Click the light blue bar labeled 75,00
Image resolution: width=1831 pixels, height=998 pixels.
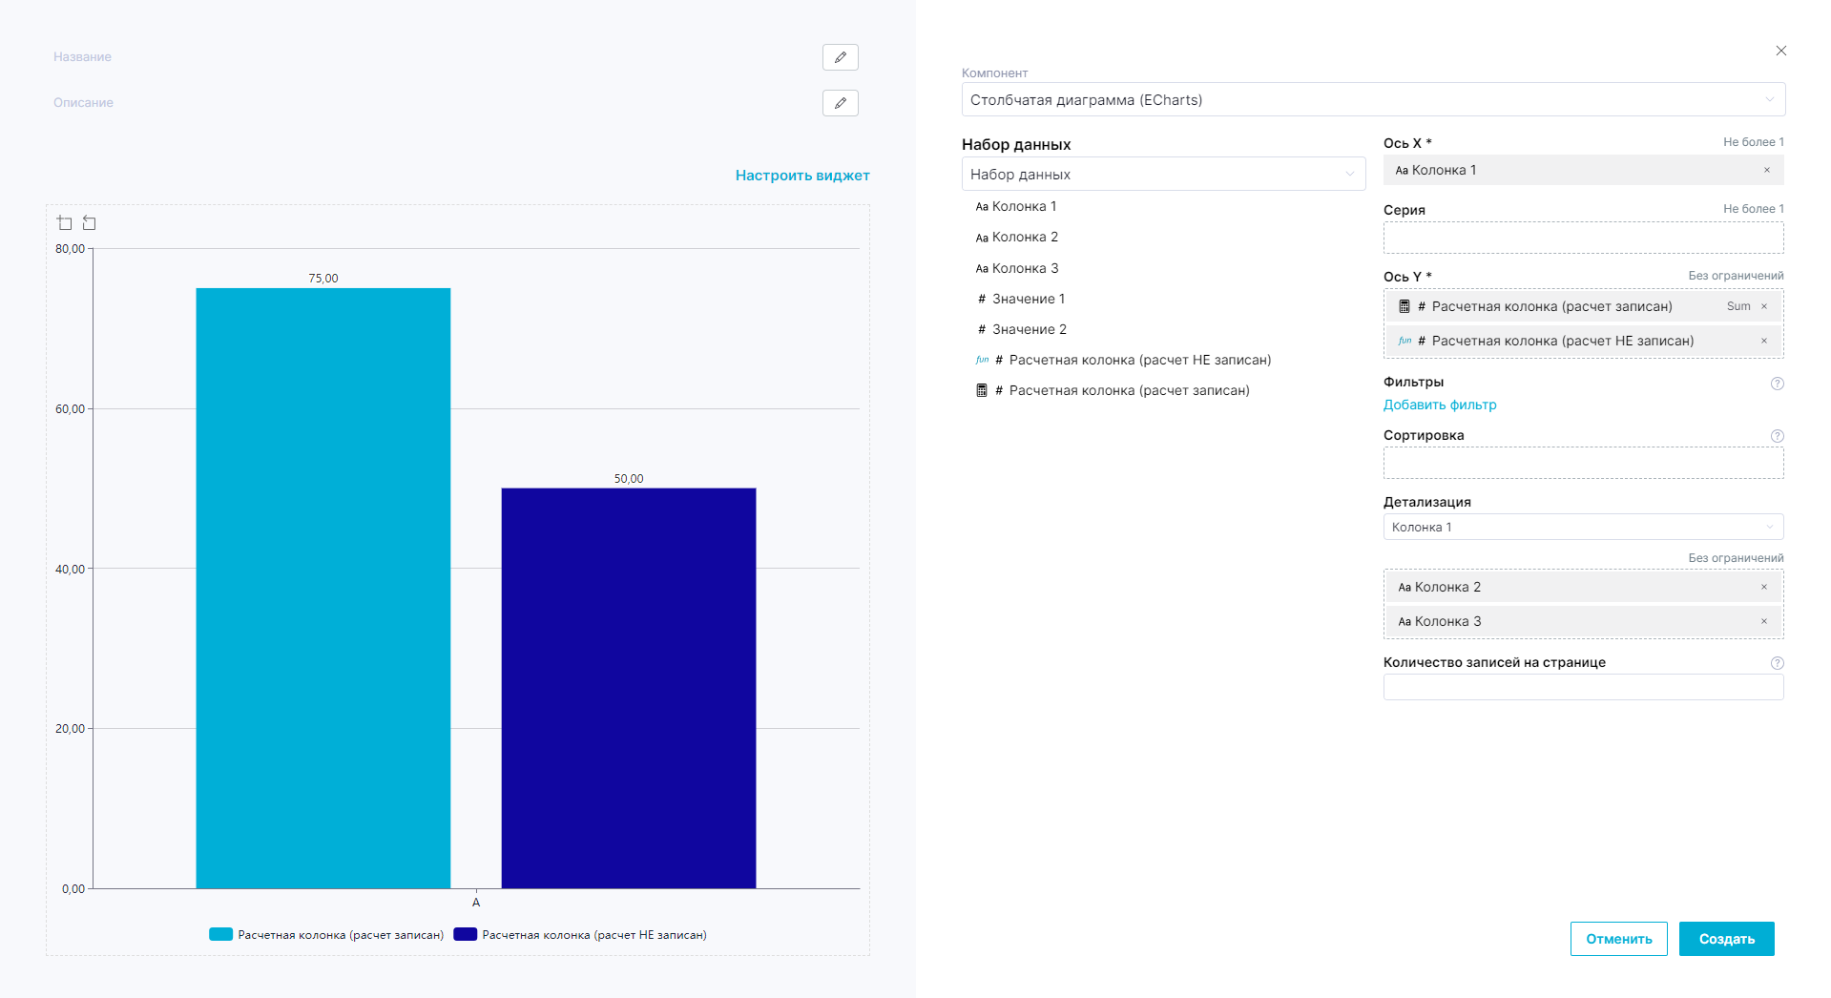tap(323, 587)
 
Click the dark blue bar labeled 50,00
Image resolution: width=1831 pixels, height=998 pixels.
tap(628, 687)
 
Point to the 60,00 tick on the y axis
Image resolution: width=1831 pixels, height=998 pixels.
tap(71, 409)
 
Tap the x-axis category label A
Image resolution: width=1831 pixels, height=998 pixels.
tap(476, 903)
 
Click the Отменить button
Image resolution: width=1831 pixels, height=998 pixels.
tap(1618, 939)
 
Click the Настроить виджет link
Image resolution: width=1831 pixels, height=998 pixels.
tap(801, 176)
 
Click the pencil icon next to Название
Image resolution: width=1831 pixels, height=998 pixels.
tap(840, 57)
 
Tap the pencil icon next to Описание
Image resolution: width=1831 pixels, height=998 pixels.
tap(840, 103)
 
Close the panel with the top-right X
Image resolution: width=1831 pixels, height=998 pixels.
tap(1780, 51)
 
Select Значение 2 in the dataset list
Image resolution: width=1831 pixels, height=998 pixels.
tap(1029, 329)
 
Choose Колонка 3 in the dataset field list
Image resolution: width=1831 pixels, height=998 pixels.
tap(1025, 268)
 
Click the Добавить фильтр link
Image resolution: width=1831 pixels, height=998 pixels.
tap(1439, 405)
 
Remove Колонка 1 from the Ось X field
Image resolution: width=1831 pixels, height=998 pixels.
tap(1766, 170)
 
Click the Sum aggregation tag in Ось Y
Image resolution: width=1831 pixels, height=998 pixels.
tap(1738, 306)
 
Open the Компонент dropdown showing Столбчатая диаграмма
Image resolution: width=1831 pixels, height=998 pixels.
tap(1372, 99)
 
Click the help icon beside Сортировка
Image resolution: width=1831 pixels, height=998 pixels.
tap(1777, 436)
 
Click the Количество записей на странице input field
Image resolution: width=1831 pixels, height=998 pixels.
tap(1582, 687)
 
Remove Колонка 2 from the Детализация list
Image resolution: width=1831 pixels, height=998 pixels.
tap(1763, 587)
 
